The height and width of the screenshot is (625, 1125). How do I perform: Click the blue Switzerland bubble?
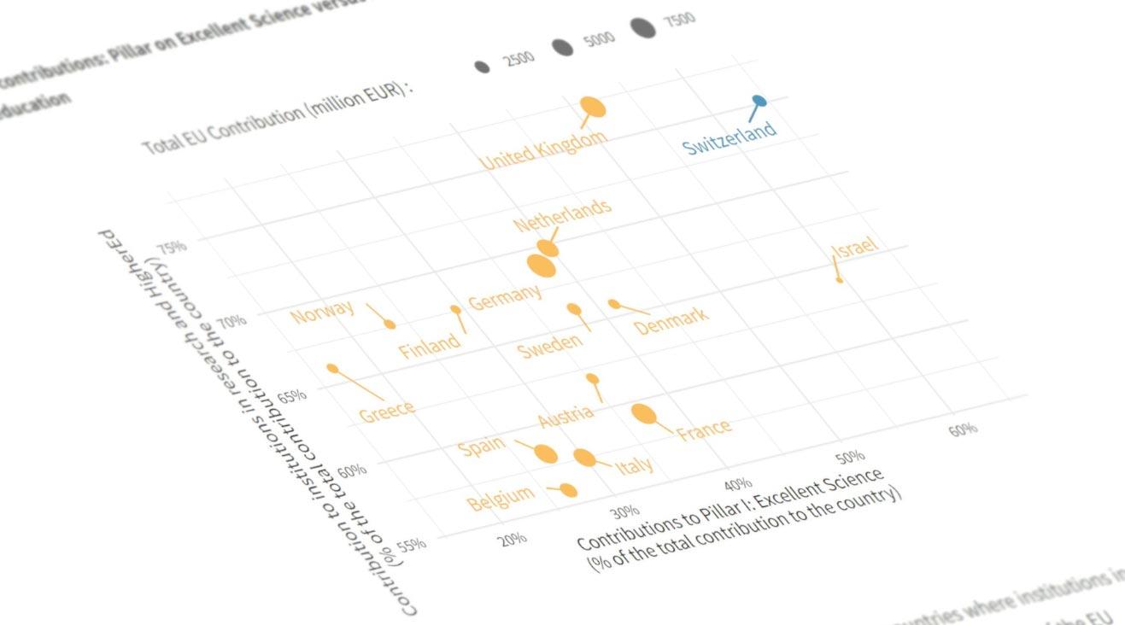pos(759,102)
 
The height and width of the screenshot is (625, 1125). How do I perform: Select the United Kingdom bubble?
pos(593,107)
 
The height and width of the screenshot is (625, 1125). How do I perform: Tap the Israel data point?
pos(839,279)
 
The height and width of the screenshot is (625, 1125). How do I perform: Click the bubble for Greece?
pos(332,369)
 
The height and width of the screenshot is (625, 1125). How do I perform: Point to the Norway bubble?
pos(390,324)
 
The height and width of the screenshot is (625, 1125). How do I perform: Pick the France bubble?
pos(644,414)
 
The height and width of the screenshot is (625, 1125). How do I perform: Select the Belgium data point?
pos(568,490)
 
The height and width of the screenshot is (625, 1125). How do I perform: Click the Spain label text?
pos(481,447)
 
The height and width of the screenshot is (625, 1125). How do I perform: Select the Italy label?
pos(635,465)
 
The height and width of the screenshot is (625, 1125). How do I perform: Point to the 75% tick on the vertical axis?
pos(173,248)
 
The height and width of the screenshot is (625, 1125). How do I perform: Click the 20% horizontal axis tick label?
pos(513,540)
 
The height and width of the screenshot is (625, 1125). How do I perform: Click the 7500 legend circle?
pos(644,28)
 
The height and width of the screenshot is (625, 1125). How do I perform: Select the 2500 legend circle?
pos(482,67)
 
